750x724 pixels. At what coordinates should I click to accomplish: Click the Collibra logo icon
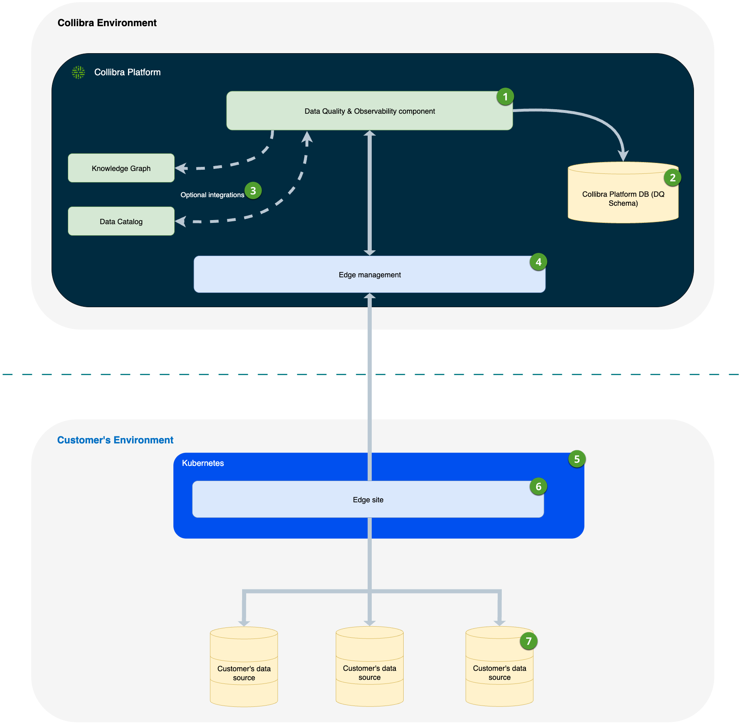pyautogui.click(x=78, y=72)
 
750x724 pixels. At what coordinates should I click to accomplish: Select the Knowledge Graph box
pyautogui.click(x=121, y=168)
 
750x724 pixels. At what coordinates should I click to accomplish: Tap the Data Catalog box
pyautogui.click(x=121, y=221)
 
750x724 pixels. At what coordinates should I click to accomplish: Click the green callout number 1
pyautogui.click(x=505, y=97)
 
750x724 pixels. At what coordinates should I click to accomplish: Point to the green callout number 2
pyautogui.click(x=672, y=178)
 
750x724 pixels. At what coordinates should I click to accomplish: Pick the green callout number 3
pyautogui.click(x=253, y=191)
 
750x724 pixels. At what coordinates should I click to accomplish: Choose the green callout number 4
pyautogui.click(x=538, y=262)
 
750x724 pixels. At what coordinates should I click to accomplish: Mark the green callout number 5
pyautogui.click(x=577, y=459)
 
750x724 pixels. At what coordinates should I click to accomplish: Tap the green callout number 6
pyautogui.click(x=538, y=487)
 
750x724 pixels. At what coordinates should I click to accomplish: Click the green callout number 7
pyautogui.click(x=528, y=641)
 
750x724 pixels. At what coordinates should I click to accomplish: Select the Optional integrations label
pyautogui.click(x=212, y=195)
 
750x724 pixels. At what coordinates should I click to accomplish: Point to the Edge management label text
pyautogui.click(x=370, y=275)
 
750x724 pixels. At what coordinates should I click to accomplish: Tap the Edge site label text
pyautogui.click(x=368, y=500)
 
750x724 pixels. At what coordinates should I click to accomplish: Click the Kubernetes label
pyautogui.click(x=203, y=463)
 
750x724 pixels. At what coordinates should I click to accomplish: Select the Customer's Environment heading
pyautogui.click(x=115, y=440)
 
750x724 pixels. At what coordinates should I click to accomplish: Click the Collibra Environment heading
pyautogui.click(x=107, y=23)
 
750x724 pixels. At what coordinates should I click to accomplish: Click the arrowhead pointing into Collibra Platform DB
pyautogui.click(x=623, y=156)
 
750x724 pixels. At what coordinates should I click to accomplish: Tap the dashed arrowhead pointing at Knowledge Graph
pyautogui.click(x=181, y=168)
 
